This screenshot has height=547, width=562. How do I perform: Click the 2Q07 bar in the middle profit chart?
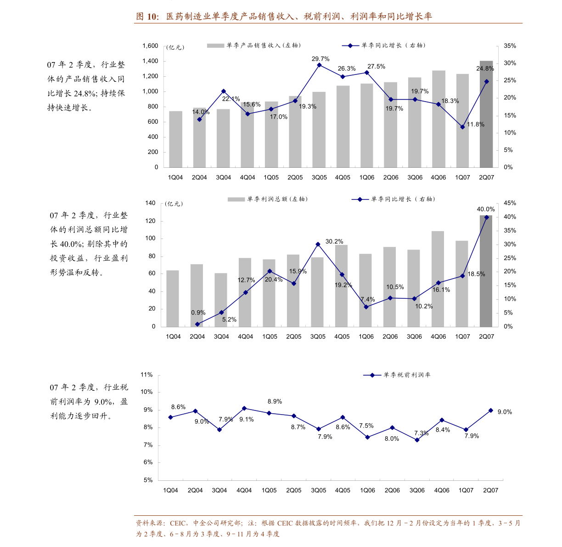tap(486, 271)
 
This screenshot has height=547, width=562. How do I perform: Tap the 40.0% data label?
tap(486, 209)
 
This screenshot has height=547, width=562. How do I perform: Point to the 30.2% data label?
tap(334, 241)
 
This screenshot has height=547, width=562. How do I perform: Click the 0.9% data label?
tap(198, 313)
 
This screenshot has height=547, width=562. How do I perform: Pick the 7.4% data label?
tap(368, 299)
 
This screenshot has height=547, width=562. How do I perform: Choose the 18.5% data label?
tap(476, 274)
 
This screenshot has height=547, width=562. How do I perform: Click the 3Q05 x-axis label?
tap(318, 336)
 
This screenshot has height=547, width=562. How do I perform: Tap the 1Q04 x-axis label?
tap(173, 336)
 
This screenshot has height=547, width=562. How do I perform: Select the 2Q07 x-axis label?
tap(486, 336)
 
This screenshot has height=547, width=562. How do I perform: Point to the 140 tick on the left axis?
tap(151, 203)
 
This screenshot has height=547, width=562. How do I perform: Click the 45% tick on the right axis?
tap(510, 203)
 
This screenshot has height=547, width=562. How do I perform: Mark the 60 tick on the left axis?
tap(152, 273)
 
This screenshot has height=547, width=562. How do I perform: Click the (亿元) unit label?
tap(174, 204)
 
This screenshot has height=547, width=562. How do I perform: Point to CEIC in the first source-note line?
tap(178, 523)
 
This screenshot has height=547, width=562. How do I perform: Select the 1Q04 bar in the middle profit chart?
tap(173, 299)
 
